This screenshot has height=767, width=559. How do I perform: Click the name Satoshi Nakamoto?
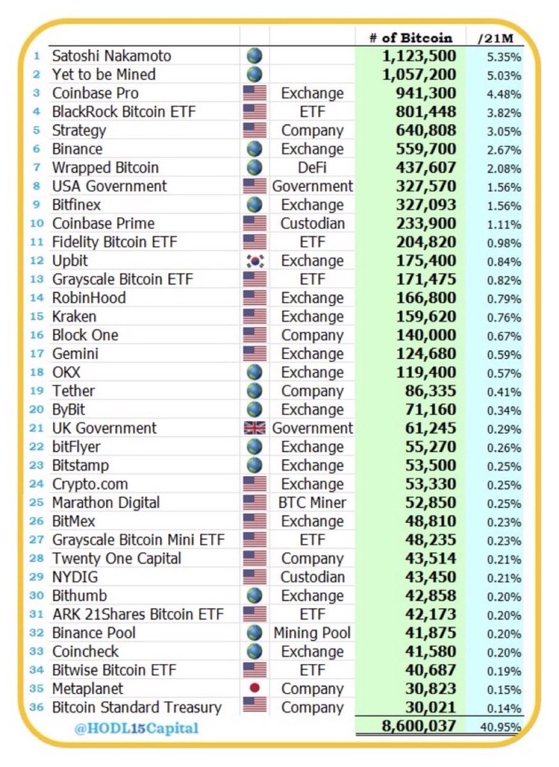point(111,56)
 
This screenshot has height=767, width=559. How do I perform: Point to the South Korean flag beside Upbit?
point(255,261)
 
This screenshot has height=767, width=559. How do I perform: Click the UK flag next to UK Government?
point(255,428)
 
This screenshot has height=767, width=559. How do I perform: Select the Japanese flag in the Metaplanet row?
point(255,689)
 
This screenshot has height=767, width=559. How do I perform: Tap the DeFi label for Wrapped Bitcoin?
point(312,167)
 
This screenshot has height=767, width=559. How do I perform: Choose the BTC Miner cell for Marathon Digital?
point(312,502)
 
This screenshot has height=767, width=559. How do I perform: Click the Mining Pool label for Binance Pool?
point(312,633)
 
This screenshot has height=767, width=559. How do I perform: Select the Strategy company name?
point(79,130)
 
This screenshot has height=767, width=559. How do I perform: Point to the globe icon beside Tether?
point(255,391)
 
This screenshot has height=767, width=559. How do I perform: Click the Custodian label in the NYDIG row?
point(312,577)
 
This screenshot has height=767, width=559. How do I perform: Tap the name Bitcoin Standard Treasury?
point(137,708)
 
